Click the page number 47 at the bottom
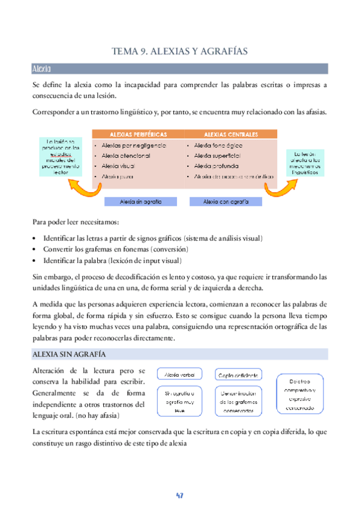[179, 496]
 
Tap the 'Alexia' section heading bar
[179, 68]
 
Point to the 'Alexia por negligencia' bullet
[134, 146]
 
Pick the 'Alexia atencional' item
[127, 156]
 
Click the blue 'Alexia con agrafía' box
[226, 202]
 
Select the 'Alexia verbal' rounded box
[180, 375]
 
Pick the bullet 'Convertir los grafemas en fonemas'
[116, 249]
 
